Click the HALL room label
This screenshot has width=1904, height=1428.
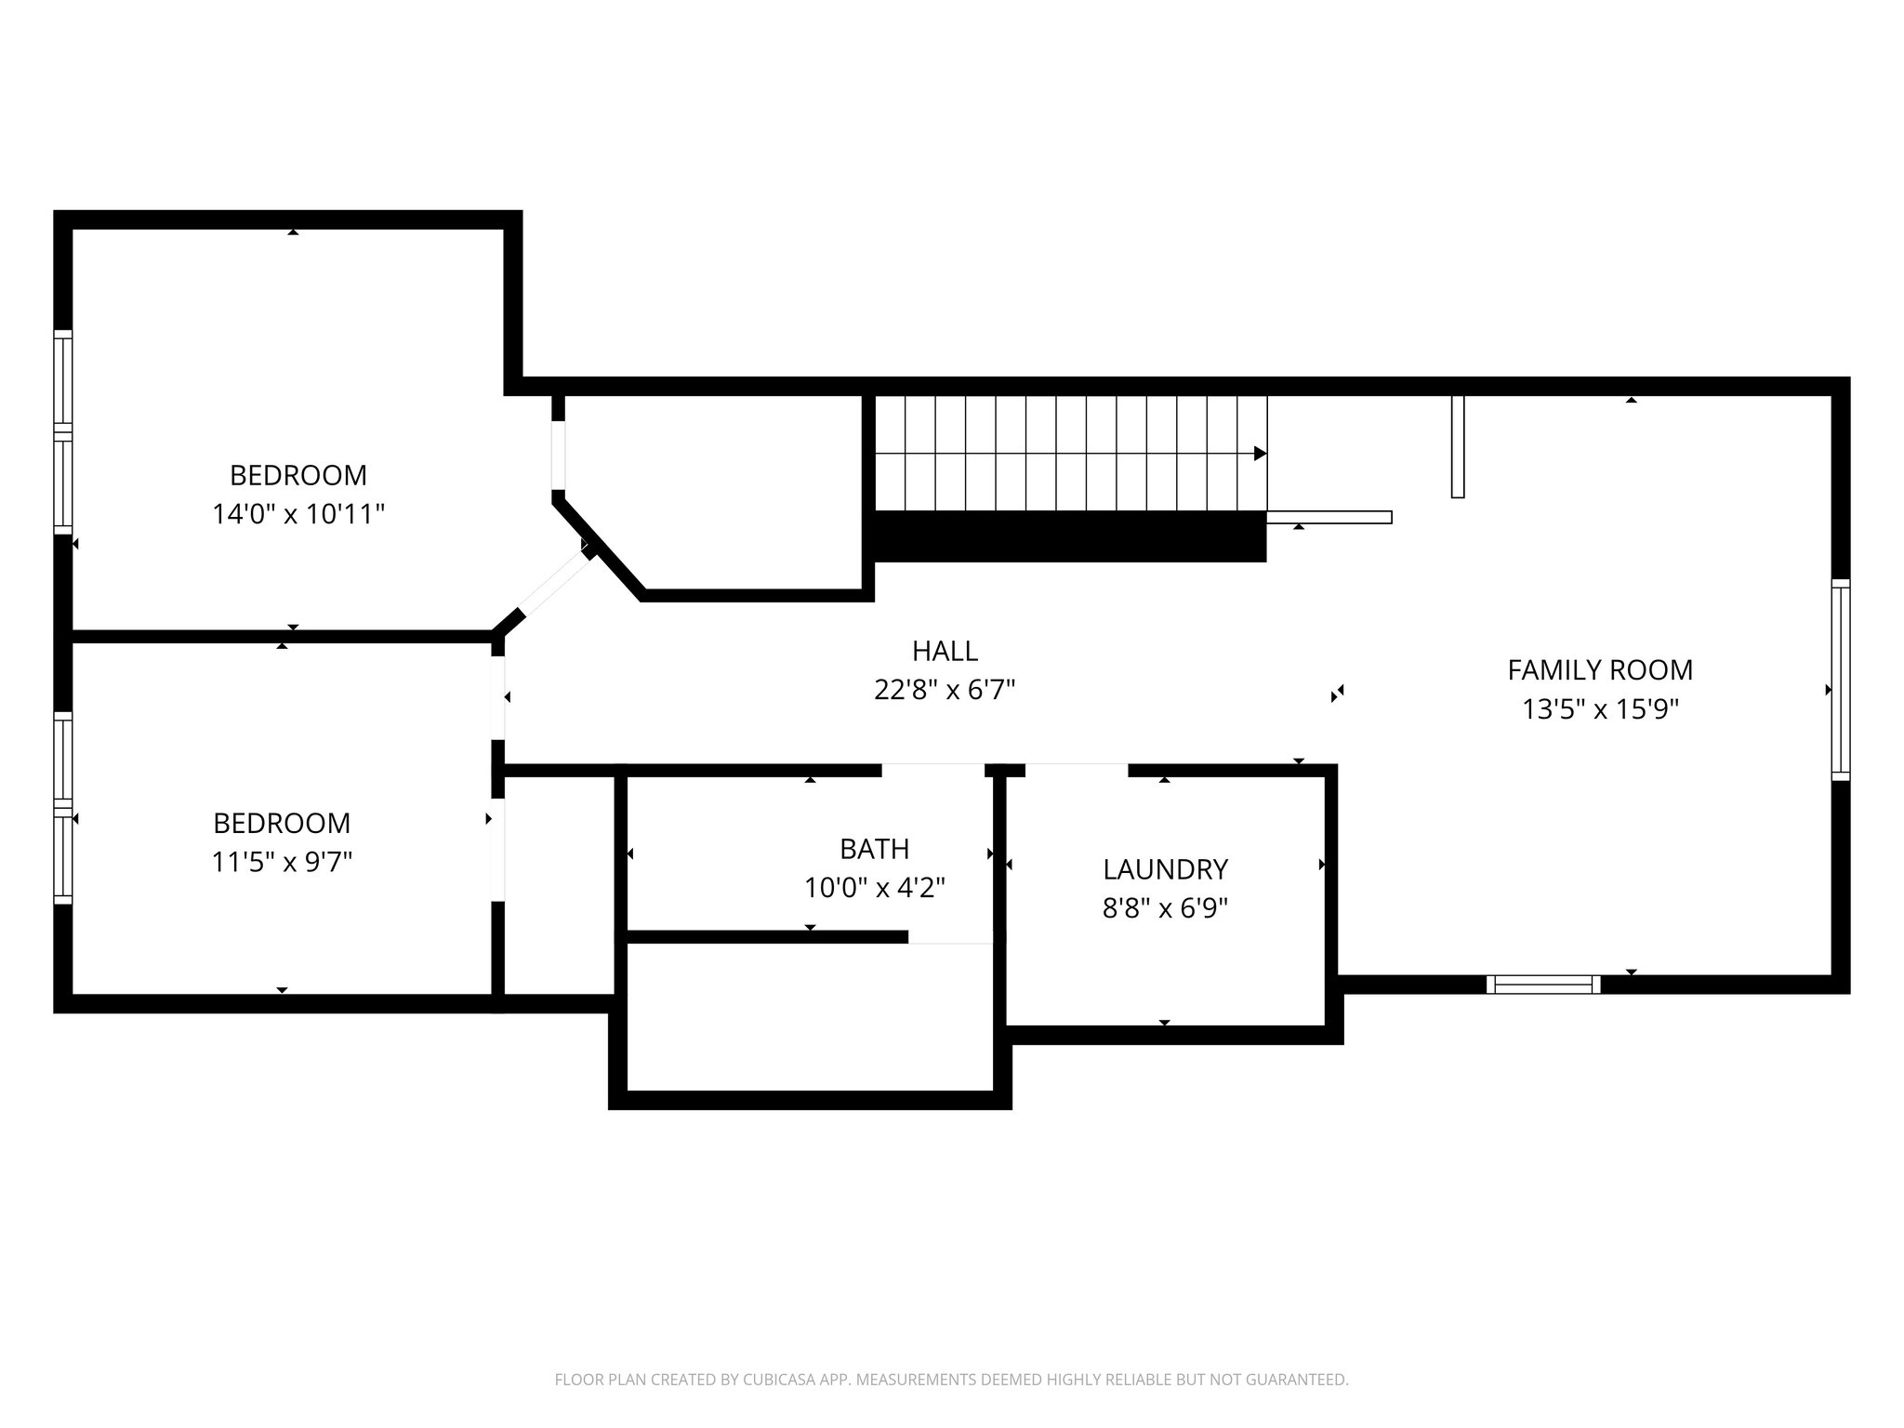tap(945, 651)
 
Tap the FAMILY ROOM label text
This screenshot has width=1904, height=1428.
tap(1600, 670)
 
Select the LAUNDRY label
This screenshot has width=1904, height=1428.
tap(1166, 870)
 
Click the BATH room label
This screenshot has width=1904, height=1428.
tap(874, 849)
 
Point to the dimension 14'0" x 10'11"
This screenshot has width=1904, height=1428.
tap(298, 514)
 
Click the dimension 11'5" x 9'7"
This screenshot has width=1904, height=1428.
tap(282, 863)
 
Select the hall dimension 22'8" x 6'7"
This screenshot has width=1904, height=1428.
tap(945, 690)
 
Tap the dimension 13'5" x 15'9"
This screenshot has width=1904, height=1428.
tap(1600, 709)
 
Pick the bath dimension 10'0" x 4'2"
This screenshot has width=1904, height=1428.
tap(874, 888)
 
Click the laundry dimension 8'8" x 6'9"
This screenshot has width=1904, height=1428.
tap(1166, 908)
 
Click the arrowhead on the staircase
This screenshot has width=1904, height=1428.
tap(1261, 454)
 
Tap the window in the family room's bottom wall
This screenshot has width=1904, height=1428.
tap(1543, 985)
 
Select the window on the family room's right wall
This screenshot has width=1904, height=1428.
tap(1841, 680)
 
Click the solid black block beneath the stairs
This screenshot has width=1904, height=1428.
tap(1070, 537)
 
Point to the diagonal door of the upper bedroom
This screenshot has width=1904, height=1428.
tap(552, 587)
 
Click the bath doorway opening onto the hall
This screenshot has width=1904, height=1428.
tap(932, 770)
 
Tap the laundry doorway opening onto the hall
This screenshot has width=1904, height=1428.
tap(1077, 770)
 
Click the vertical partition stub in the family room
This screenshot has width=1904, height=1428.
tap(1458, 447)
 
